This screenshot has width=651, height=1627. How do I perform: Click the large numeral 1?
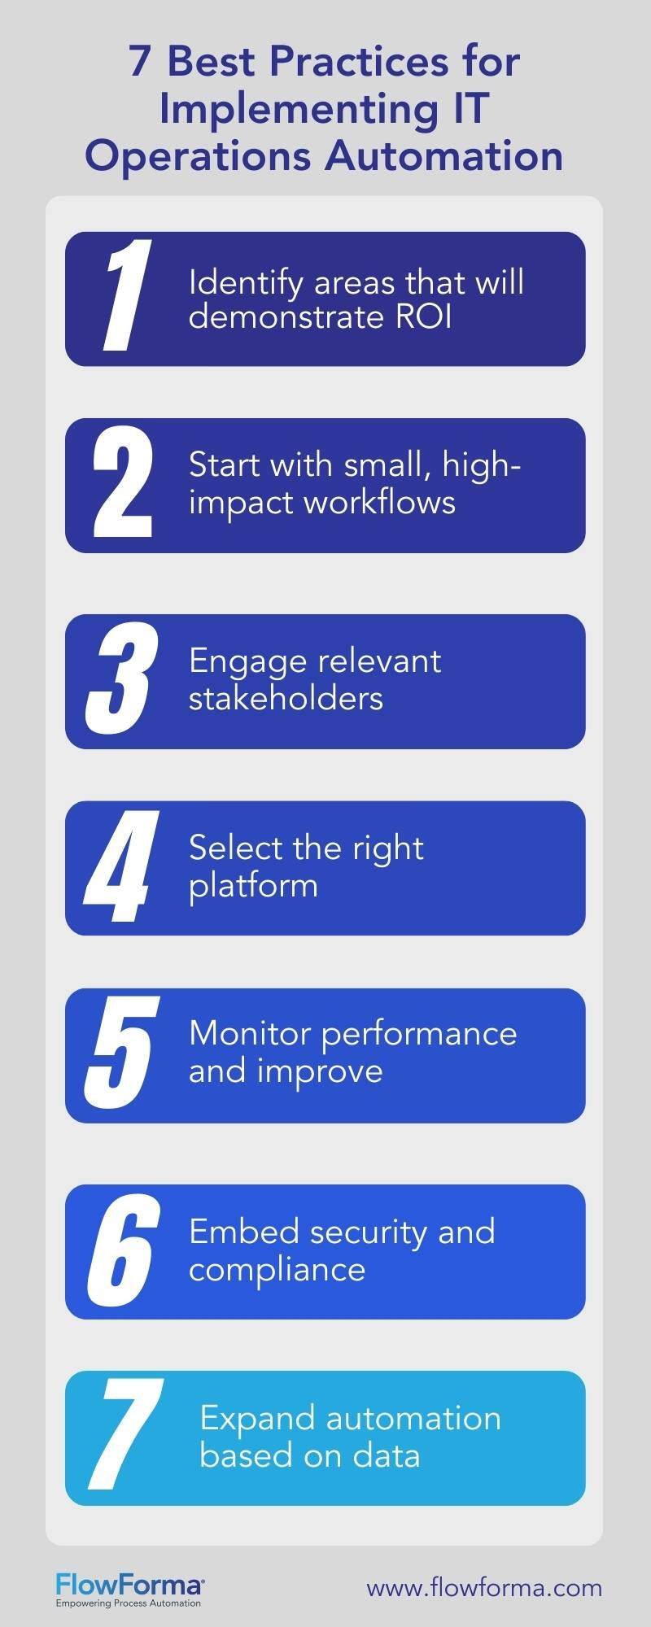pyautogui.click(x=124, y=298)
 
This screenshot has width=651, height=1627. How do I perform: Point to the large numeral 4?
pyautogui.click(x=119, y=867)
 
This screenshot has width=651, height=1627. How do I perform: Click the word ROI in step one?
pyautogui.click(x=424, y=317)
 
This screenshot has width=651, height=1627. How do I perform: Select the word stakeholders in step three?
pyautogui.click(x=286, y=698)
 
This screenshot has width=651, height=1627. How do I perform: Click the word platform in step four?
pyautogui.click(x=253, y=885)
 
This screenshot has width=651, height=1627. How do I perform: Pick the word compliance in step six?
pyautogui.click(x=277, y=1269)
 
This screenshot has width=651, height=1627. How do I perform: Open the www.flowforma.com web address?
pyautogui.click(x=484, y=1587)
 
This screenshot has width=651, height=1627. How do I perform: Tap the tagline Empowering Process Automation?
pyautogui.click(x=128, y=1603)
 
